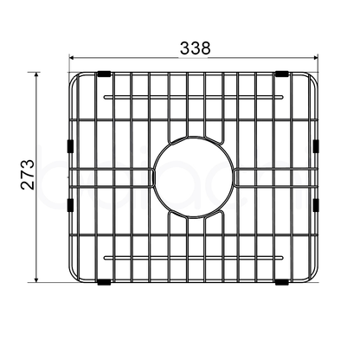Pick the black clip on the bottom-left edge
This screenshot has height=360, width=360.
tap(104, 281)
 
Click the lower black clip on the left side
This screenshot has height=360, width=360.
tap(68, 205)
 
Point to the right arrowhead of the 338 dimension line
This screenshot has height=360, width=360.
tap(317, 58)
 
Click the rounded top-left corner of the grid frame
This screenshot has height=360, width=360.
tap(75, 80)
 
